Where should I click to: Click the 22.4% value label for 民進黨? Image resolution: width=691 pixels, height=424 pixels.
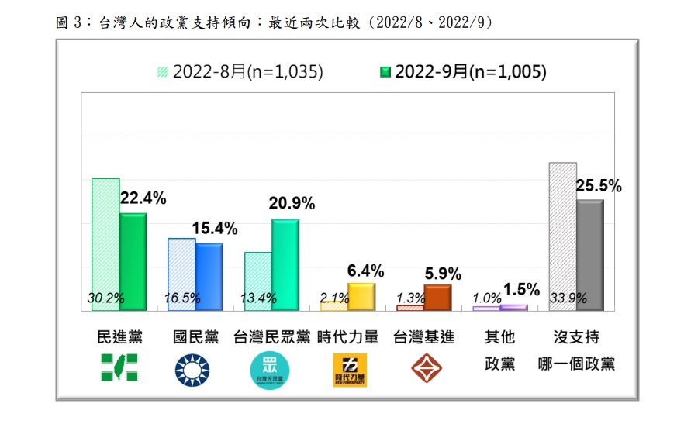tap(143, 198)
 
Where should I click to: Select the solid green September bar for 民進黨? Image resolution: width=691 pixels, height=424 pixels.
tap(133, 261)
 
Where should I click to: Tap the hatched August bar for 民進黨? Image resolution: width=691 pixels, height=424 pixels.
tap(105, 244)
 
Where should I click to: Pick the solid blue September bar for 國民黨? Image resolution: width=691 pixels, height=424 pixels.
tap(209, 277)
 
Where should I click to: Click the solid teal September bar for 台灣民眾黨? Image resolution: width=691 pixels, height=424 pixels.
tap(285, 264)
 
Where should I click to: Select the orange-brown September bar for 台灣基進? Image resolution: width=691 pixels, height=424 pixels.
tap(437, 298)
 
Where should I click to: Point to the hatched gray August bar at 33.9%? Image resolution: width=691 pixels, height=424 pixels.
tap(562, 236)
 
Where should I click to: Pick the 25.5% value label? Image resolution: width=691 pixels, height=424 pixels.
tap(599, 186)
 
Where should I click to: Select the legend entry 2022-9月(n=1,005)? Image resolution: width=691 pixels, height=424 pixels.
tap(463, 72)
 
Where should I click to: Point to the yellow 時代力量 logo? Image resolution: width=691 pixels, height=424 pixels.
tap(349, 371)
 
